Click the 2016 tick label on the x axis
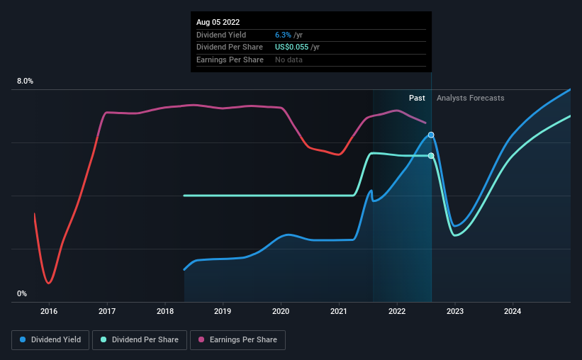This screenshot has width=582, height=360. tap(49, 311)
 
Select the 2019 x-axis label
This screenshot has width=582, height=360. tap(223, 311)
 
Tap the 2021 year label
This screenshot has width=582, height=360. tap(339, 311)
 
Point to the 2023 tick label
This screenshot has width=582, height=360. tap(455, 311)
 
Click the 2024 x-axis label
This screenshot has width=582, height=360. tap(513, 311)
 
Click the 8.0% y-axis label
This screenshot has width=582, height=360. tap(26, 81)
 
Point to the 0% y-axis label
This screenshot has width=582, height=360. tap(22, 293)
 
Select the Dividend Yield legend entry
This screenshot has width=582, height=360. tap(50, 340)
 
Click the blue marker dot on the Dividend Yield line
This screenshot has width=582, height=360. tap(431, 135)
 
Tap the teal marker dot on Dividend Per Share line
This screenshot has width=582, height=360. tap(431, 155)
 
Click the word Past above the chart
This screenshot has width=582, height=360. tap(417, 98)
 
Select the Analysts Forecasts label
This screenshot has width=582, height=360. tap(471, 98)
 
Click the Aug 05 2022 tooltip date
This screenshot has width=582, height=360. tap(218, 22)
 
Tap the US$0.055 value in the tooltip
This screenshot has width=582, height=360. tap(291, 47)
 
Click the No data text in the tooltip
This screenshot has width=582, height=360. tap(289, 60)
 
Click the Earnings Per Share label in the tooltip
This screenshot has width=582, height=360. tap(230, 60)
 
